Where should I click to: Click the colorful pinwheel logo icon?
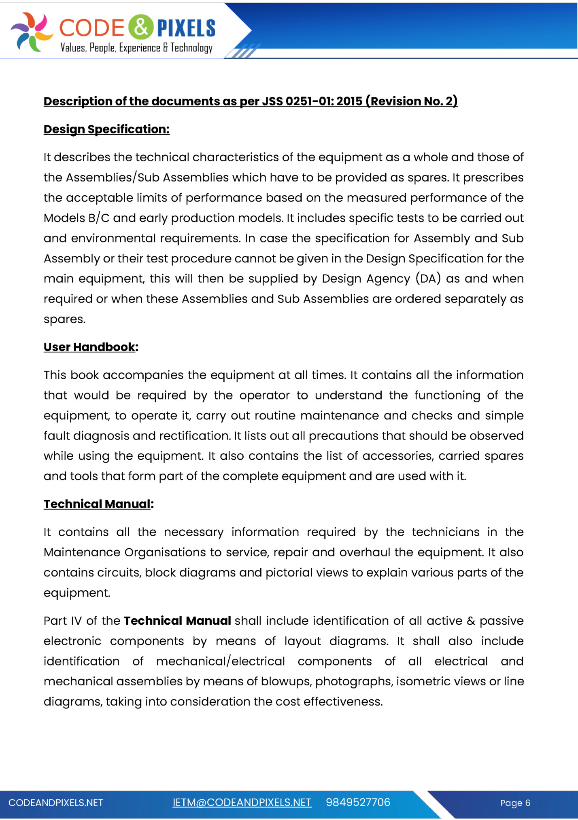click(x=31, y=32)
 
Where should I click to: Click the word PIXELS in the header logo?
click(x=186, y=28)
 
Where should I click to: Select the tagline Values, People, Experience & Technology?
click(x=136, y=48)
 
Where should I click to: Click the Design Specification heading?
click(x=106, y=129)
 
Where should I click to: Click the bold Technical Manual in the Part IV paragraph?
click(x=177, y=621)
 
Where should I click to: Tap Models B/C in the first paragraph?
click(x=76, y=218)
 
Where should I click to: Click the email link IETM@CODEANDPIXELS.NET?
click(x=242, y=803)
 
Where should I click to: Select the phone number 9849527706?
click(x=358, y=803)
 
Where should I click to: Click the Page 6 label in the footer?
click(x=515, y=803)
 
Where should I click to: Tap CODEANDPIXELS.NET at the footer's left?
click(x=56, y=803)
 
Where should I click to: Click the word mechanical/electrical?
click(x=221, y=661)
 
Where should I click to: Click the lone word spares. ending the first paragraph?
click(x=65, y=319)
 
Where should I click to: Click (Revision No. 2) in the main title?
click(x=411, y=101)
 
